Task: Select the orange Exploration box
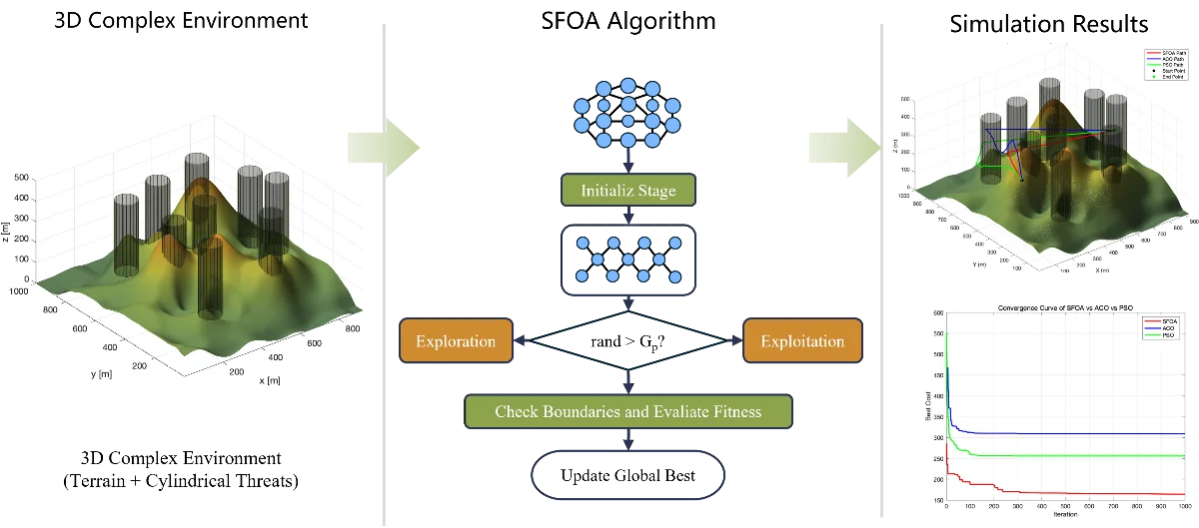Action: tap(456, 341)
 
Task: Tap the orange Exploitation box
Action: tap(802, 341)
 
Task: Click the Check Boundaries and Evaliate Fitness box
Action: tap(627, 411)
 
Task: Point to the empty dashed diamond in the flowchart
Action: tap(627, 341)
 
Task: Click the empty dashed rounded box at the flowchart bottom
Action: tap(627, 476)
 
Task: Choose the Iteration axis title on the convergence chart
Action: tap(1065, 515)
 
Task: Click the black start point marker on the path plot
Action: tap(1022, 180)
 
